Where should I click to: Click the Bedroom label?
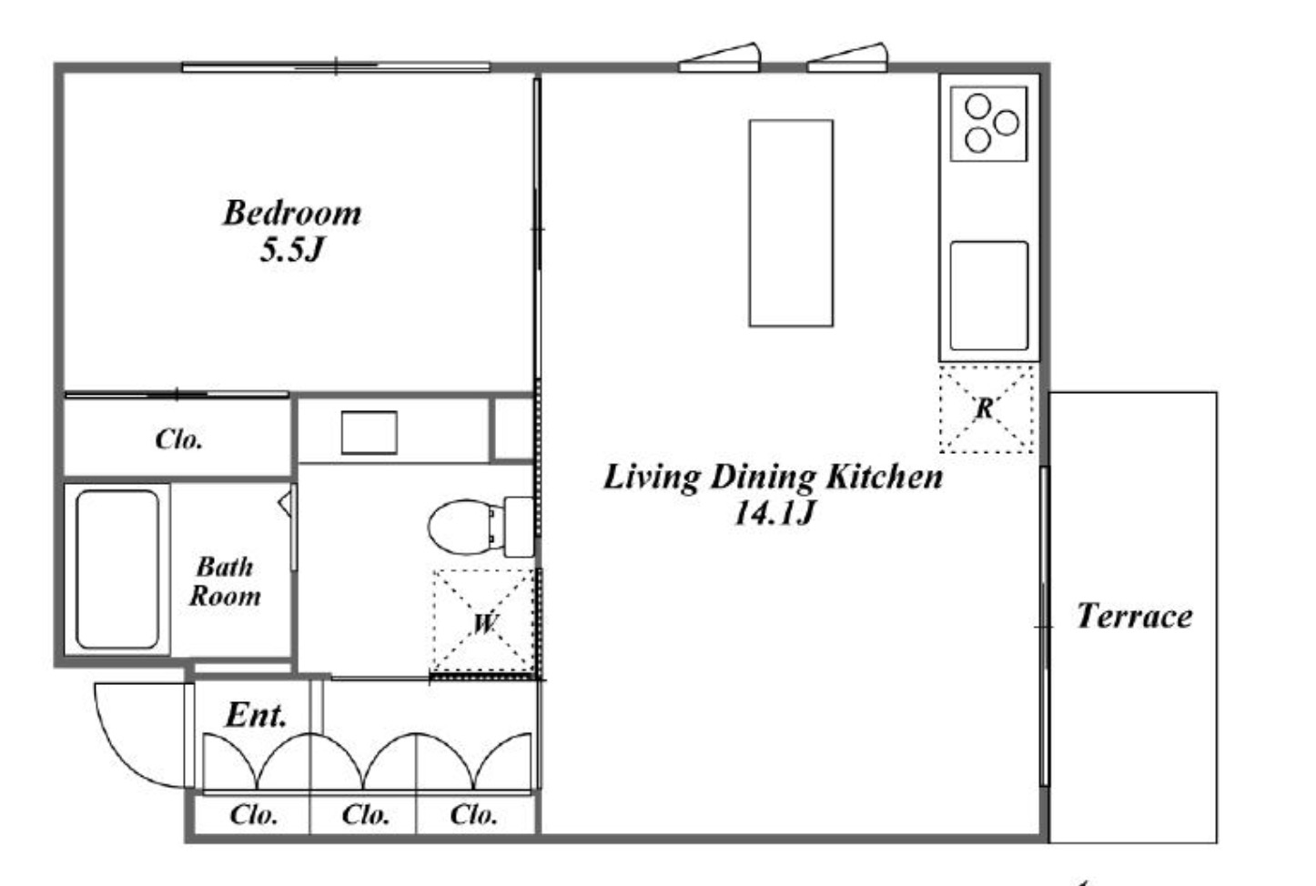[x=292, y=213]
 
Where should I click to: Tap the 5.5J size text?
[x=292, y=249]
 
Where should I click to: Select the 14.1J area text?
[x=774, y=513]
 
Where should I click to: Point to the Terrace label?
[x=1135, y=616]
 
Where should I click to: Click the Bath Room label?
[x=225, y=581]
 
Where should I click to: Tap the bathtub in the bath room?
[x=117, y=569]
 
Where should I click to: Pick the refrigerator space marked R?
[x=987, y=408]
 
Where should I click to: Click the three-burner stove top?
[x=988, y=124]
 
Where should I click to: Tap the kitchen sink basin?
[x=988, y=296]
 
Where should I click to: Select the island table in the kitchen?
[x=791, y=223]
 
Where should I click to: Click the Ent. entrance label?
[x=256, y=715]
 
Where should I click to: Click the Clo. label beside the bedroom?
[x=179, y=439]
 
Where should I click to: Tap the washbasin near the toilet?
[x=369, y=433]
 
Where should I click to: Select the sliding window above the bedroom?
[x=336, y=67]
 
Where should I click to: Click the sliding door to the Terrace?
[x=1045, y=627]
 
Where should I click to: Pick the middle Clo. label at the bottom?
[x=366, y=815]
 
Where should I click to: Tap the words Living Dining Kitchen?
[x=774, y=477]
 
